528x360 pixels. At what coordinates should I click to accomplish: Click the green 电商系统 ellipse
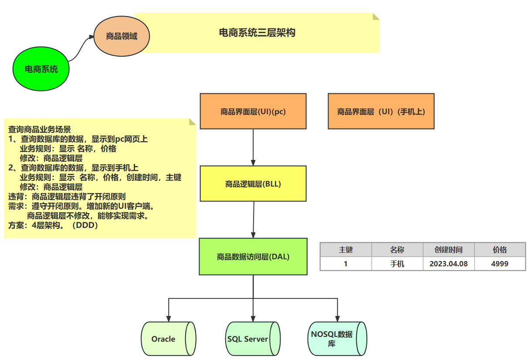41,69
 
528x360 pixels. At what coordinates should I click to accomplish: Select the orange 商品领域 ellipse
122,36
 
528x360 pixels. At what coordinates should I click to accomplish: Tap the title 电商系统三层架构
257,33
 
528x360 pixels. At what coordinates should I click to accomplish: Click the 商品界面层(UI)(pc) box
253,111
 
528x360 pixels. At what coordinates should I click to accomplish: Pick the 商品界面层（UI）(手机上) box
381,111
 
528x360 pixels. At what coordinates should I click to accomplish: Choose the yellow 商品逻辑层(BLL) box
253,183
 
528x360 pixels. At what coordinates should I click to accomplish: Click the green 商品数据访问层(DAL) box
253,256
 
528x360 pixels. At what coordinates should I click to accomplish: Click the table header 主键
346,250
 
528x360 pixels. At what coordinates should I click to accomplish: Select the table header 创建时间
448,250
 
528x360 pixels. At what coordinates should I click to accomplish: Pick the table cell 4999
500,264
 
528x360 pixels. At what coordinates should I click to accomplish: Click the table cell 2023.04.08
448,264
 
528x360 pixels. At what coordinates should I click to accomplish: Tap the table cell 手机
397,264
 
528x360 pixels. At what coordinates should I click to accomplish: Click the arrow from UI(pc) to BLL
253,147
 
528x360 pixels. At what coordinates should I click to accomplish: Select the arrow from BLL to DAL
254,219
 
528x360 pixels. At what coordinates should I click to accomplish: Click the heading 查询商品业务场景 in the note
40,129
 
